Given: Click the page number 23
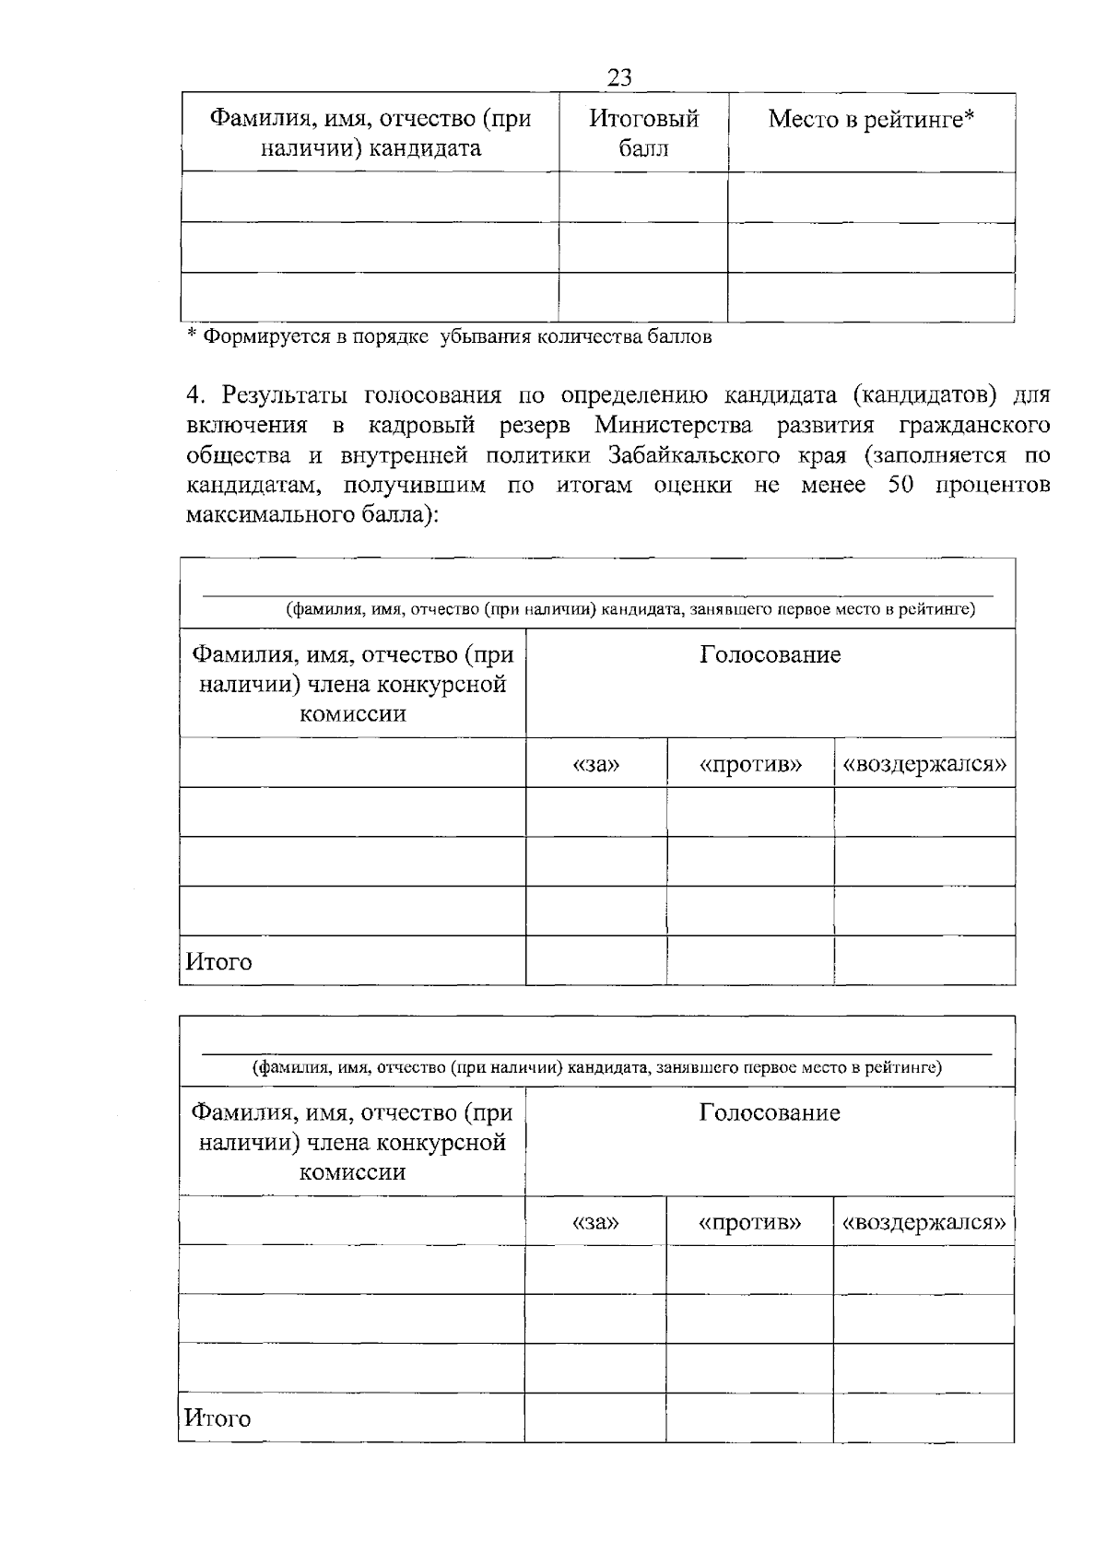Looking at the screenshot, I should click(x=619, y=77).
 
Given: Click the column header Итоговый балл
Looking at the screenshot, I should click(x=643, y=133).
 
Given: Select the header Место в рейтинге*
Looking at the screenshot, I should click(x=871, y=119).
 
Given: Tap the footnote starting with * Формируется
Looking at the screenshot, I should click(x=449, y=336).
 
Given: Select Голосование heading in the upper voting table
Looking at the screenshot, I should click(x=770, y=655).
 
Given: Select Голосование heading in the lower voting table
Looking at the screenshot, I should click(x=770, y=1112).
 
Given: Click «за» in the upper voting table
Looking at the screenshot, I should click(x=595, y=764).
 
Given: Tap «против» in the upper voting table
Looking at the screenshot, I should click(x=750, y=764).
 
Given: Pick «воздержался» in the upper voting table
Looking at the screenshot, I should click(x=924, y=764).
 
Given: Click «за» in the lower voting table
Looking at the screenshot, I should click(x=595, y=1222).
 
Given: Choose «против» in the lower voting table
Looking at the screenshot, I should click(x=749, y=1222).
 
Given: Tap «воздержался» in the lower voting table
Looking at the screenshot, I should click(x=924, y=1222).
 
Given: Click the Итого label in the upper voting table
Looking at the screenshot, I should click(x=218, y=961).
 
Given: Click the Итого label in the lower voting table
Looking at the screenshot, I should click(x=218, y=1417).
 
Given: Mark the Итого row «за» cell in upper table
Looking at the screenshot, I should click(x=595, y=960).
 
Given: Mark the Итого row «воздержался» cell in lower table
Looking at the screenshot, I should click(x=924, y=1417).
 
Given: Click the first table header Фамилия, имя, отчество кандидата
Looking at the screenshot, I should click(x=371, y=133).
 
